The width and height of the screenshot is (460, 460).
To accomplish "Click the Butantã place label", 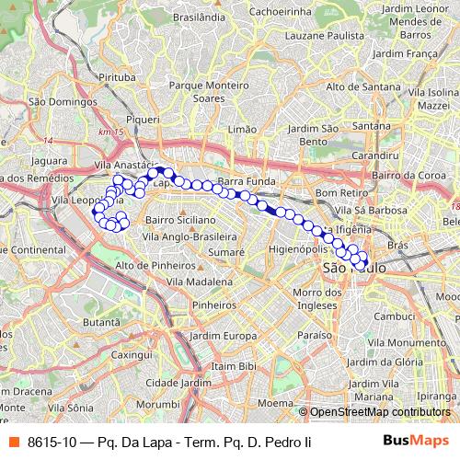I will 101,323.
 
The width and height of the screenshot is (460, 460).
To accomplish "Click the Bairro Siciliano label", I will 180,221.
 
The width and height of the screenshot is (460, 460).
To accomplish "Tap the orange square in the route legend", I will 13,443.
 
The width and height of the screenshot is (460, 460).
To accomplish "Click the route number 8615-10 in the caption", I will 52,443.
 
